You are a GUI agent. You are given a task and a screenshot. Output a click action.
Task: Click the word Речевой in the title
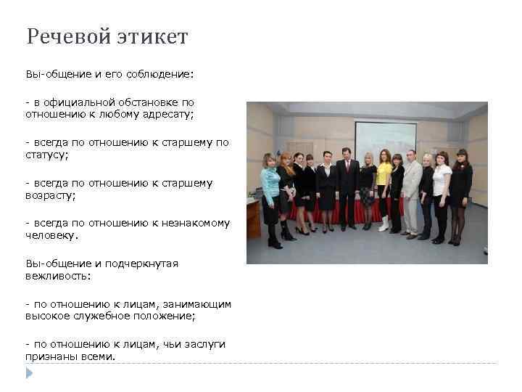coord(68,36)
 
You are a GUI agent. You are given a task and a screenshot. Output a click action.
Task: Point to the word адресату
coord(184,114)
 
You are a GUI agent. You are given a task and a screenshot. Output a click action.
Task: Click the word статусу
coord(46,155)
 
